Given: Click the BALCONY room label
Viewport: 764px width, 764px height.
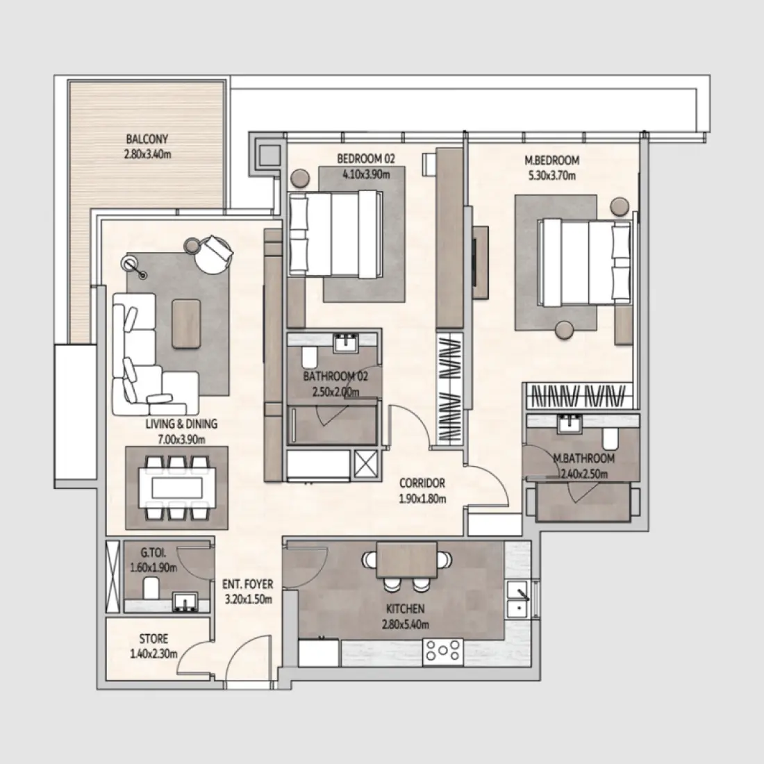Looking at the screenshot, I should [x=147, y=139].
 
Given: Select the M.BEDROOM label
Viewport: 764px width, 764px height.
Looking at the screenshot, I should [x=551, y=160].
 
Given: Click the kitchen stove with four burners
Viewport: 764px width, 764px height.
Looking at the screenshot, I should [x=443, y=651].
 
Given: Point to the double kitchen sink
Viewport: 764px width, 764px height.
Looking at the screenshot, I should [x=517, y=599].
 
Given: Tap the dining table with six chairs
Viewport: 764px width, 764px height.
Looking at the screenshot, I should [x=176, y=488].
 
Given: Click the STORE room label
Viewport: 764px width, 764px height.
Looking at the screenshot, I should [x=153, y=638].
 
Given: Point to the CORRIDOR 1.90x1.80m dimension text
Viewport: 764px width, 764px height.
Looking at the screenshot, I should [x=422, y=498].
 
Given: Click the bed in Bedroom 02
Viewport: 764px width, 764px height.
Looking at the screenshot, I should [x=335, y=235].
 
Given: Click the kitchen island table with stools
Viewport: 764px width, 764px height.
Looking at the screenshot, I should [x=407, y=560].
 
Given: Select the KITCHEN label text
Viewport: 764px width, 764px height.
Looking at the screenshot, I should [x=406, y=609].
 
